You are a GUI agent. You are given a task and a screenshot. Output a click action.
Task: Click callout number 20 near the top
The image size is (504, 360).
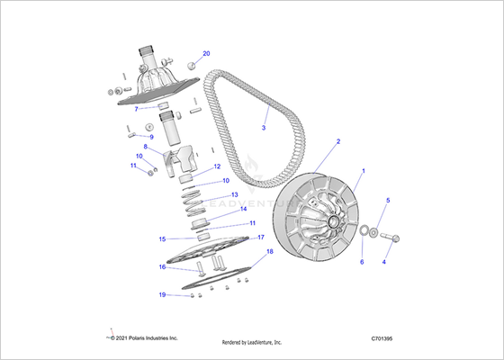(x=206, y=53)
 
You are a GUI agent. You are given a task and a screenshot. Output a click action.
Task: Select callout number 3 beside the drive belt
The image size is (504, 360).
(x=264, y=128)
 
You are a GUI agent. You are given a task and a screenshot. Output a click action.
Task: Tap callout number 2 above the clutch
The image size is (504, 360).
(x=338, y=141)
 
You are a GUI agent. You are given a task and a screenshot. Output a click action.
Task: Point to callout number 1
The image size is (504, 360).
(x=364, y=171)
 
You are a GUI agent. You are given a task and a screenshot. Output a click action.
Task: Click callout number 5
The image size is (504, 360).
(x=388, y=200)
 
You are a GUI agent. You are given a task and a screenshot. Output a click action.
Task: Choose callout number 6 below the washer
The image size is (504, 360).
(x=362, y=262)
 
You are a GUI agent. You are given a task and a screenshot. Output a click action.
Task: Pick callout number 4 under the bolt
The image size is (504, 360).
(x=383, y=262)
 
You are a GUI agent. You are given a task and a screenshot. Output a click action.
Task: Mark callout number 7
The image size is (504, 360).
(x=136, y=109)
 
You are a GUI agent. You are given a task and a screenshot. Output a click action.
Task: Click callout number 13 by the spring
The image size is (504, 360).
(x=235, y=194)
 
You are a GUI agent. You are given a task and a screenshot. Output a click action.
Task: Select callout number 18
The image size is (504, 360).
(x=270, y=251)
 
